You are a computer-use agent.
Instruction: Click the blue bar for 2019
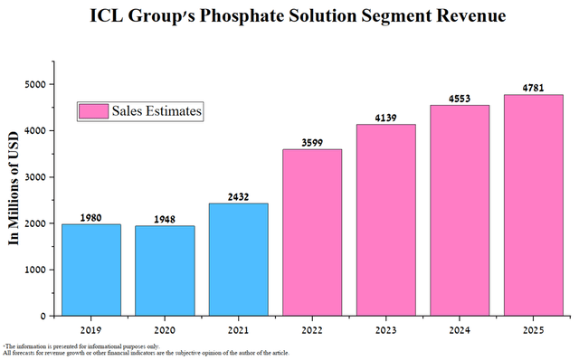tap(90, 270)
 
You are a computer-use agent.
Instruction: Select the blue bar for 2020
tap(164, 270)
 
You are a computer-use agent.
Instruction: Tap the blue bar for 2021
tap(238, 260)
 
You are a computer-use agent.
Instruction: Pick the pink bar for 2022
tap(312, 232)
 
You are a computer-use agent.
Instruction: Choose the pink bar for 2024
tap(460, 210)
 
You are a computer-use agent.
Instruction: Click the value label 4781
tap(534, 88)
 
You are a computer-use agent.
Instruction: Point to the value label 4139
tap(386, 118)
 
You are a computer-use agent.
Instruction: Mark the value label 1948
tap(164, 219)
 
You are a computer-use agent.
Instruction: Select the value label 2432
tap(238, 196)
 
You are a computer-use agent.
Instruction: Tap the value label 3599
tap(312, 142)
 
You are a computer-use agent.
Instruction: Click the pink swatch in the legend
tap(93, 111)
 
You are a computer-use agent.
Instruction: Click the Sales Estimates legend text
tap(157, 111)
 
